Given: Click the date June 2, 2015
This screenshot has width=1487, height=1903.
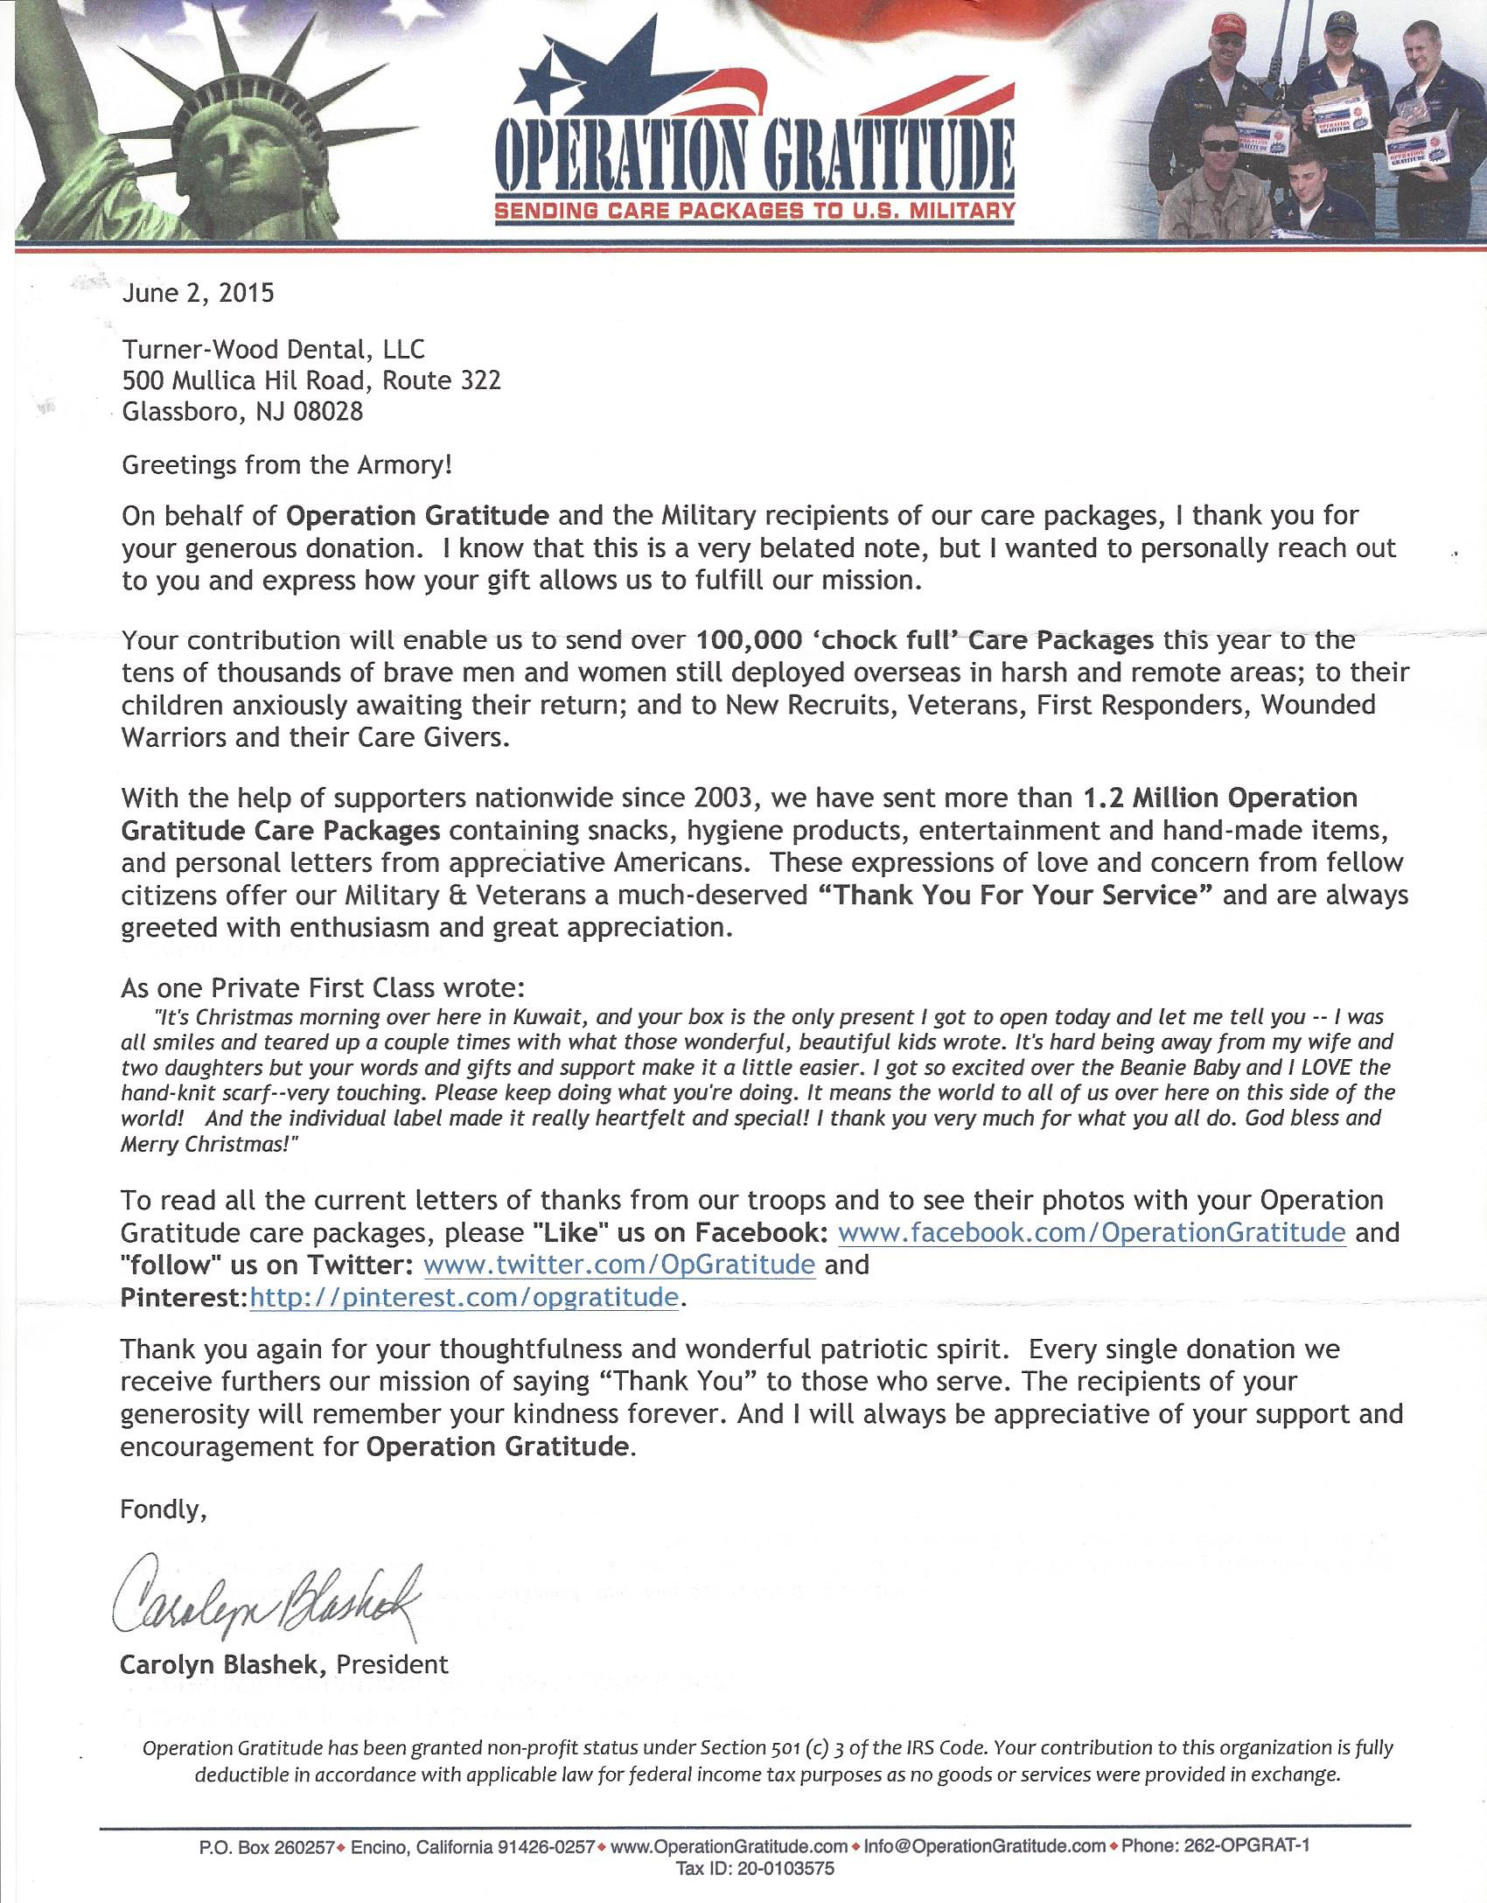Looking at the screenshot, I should point(198,292).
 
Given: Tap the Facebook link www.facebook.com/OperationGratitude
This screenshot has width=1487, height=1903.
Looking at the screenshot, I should point(1092,1232).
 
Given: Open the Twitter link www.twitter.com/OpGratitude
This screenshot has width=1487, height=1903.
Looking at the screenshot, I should point(619,1264).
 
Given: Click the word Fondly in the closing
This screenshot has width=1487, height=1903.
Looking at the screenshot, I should point(163,1509).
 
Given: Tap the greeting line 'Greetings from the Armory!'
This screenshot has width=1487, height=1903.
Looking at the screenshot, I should point(287,464).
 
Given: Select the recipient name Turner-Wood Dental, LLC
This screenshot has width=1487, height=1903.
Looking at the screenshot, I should point(273,350).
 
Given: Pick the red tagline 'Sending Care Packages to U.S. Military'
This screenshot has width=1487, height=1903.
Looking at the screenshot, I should point(755,211).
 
